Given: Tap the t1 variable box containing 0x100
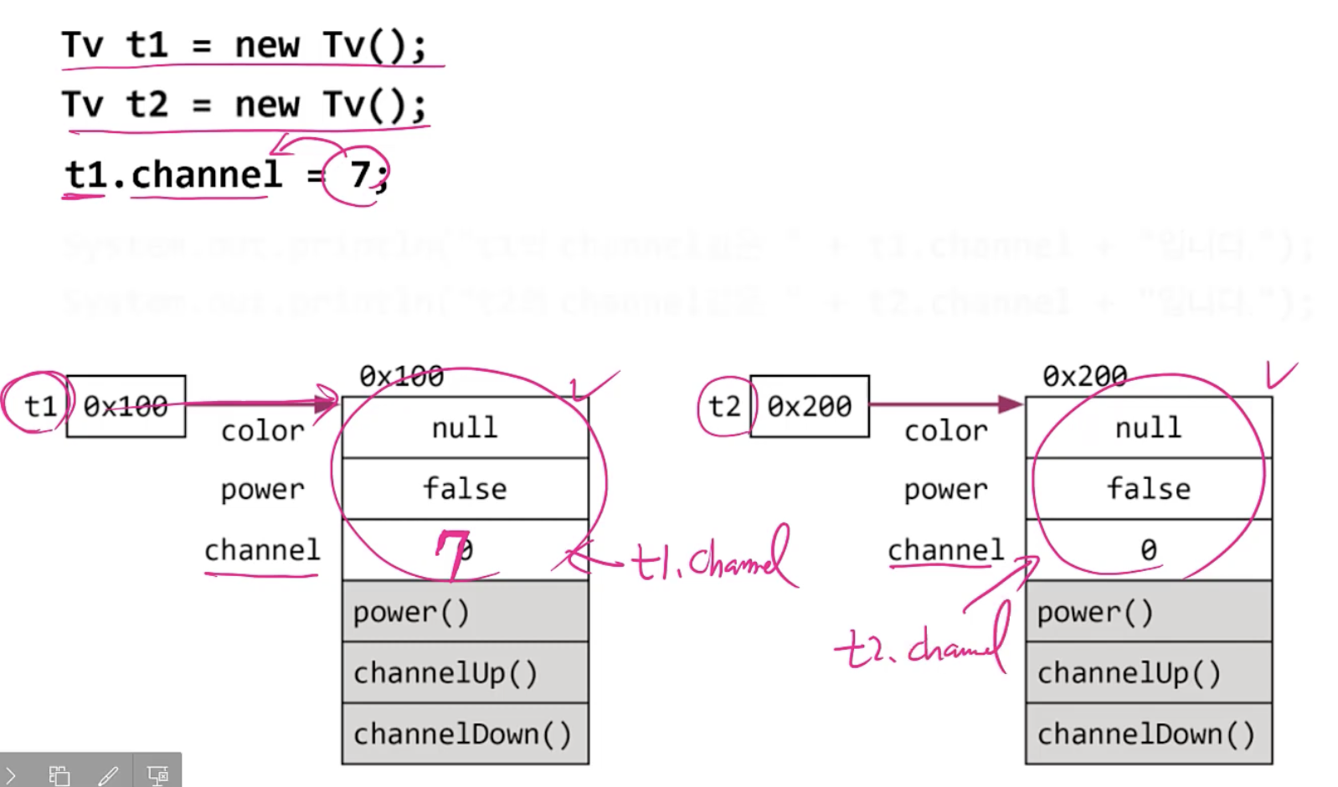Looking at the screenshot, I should click(126, 406).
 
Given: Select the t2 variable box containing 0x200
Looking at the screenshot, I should click(809, 406).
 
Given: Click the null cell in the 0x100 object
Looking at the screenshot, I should click(465, 428).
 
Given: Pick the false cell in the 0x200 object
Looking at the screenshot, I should click(1148, 489).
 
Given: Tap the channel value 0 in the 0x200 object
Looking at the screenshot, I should click(1148, 550).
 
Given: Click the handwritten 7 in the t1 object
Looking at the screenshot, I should click(453, 553).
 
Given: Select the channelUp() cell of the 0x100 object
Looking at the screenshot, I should click(465, 672).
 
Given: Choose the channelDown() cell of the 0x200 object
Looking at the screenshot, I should click(1148, 734).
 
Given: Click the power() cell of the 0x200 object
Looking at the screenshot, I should click(1148, 612).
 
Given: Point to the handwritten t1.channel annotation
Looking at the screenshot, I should click(712, 559).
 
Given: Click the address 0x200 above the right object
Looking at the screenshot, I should click(1084, 377).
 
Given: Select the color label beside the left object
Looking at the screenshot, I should click(262, 431).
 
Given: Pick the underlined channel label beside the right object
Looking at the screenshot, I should click(945, 550).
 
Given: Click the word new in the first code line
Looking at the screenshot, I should click(266, 45).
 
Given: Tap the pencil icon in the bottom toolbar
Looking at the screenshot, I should click(108, 775).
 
